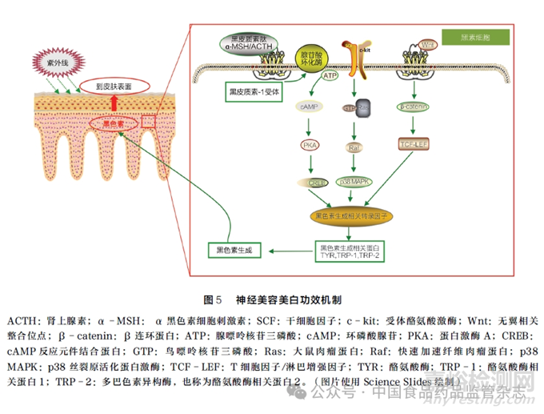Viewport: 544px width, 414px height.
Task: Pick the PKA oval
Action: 310,145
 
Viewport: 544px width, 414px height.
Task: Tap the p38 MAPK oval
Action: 356,183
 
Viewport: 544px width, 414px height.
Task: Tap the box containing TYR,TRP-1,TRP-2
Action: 353,251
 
